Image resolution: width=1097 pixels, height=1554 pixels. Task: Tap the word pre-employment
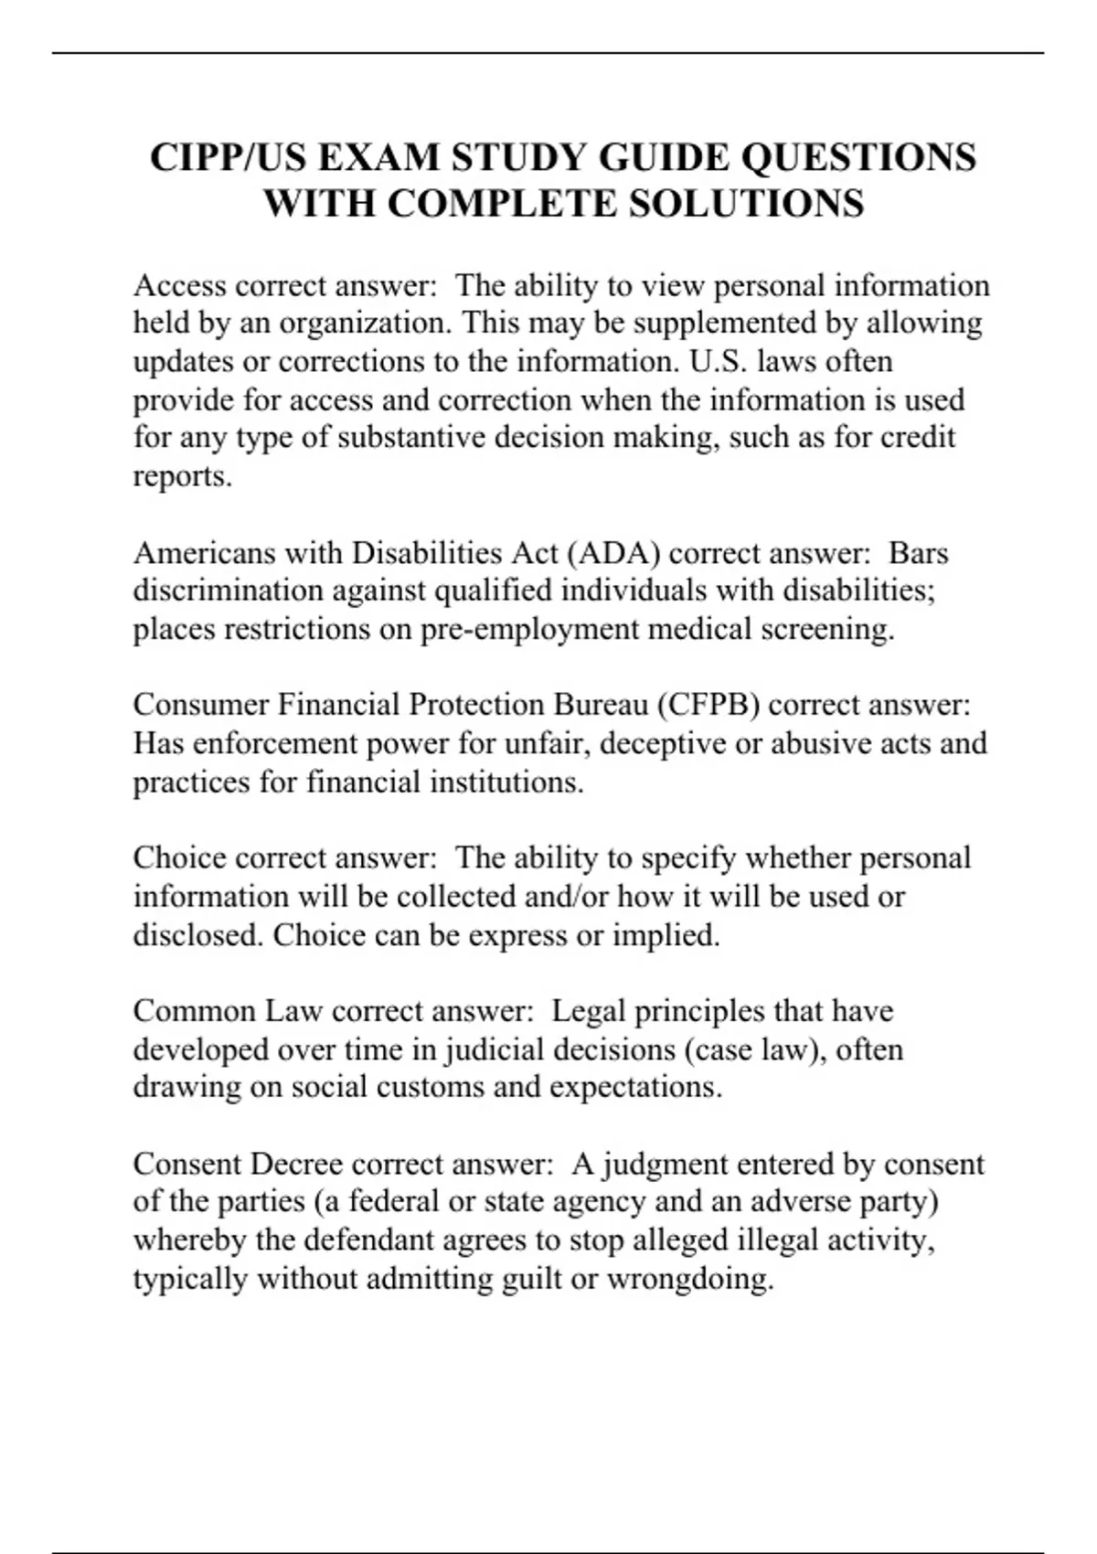528,629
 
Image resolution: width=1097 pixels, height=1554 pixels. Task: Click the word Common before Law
195,1011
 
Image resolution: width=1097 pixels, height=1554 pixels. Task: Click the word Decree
296,1164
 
